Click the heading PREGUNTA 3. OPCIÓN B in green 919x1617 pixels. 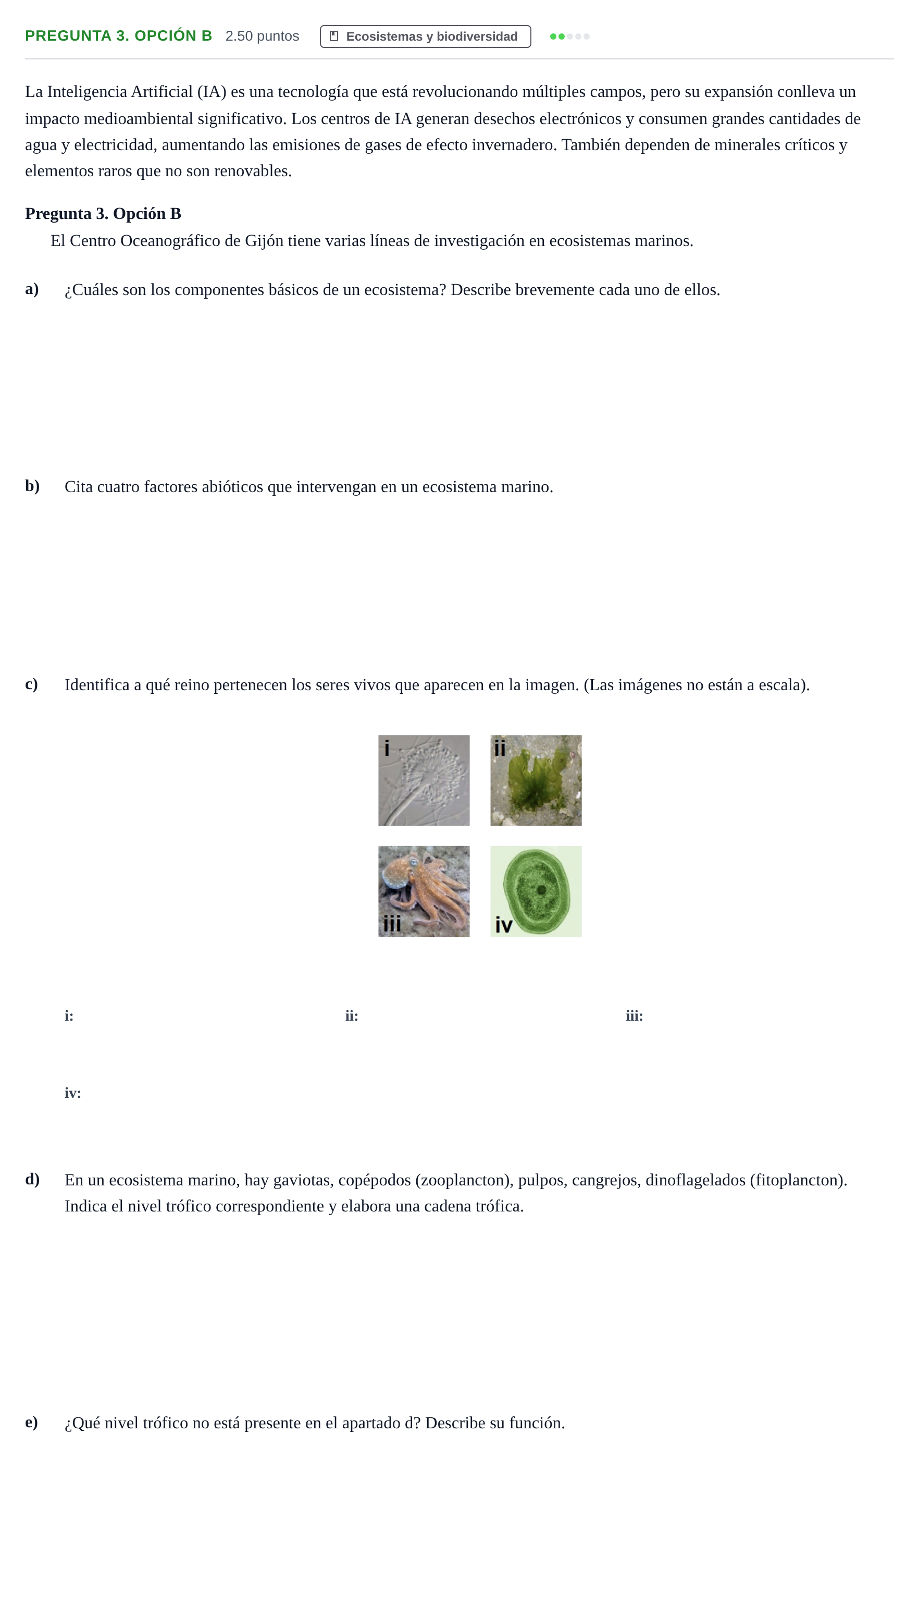coord(119,36)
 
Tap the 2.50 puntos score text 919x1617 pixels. coord(262,36)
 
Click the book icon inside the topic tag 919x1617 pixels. coord(334,36)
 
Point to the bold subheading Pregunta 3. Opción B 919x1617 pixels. coord(103,213)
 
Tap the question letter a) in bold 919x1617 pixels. coord(32,289)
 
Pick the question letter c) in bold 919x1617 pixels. coord(32,684)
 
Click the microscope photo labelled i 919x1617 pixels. coord(424,780)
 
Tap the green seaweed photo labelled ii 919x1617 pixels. coord(536,780)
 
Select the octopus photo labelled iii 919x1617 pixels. coord(424,891)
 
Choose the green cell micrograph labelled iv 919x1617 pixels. coord(536,891)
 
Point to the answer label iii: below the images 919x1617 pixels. coord(635,1015)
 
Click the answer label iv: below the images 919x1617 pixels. coord(72,1092)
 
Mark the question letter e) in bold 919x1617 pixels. coord(32,1423)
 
